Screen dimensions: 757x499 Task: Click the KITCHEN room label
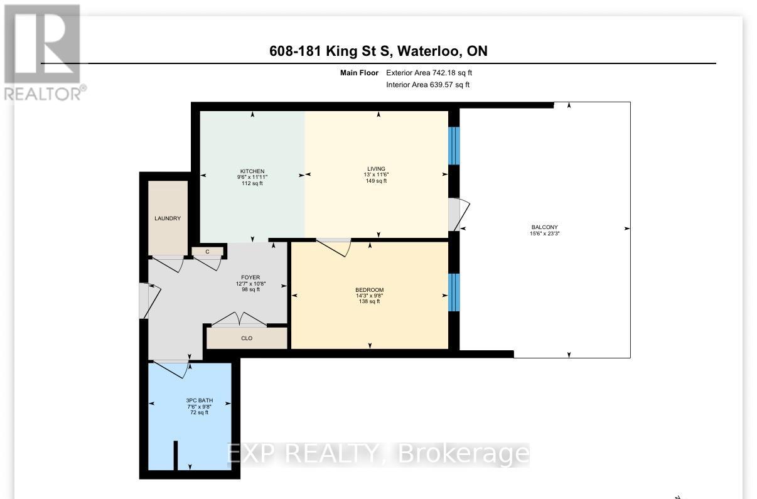[x=252, y=171]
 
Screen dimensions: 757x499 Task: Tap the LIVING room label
[x=376, y=169]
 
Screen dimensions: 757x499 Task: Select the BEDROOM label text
[x=369, y=290]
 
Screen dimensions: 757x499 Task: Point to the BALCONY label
[x=544, y=227]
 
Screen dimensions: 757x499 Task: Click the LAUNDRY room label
[x=168, y=218]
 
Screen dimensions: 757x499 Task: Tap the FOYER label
[x=250, y=277]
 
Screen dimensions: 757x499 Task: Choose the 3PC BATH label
[x=200, y=400]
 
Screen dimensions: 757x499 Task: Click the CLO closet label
[x=247, y=338]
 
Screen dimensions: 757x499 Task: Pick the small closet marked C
[x=208, y=252]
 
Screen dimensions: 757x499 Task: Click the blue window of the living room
[x=454, y=146]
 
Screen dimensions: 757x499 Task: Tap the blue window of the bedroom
[x=454, y=292]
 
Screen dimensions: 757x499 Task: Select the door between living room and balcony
[x=459, y=214]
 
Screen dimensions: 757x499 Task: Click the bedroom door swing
[x=334, y=247]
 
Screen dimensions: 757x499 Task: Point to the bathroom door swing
[x=171, y=370]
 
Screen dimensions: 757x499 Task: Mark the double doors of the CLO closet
[x=239, y=319]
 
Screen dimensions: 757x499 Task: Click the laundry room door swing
[x=168, y=264]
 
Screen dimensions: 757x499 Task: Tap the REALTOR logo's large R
[x=43, y=43]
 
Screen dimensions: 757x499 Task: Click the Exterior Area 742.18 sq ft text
[x=429, y=73]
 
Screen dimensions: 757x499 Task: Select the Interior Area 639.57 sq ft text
[x=428, y=85]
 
